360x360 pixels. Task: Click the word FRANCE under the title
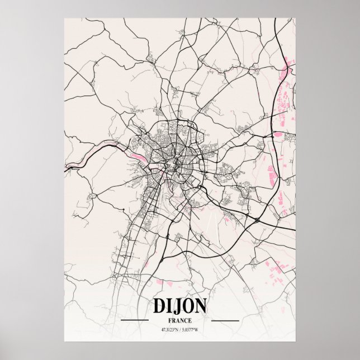179,320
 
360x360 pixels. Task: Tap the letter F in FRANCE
169,320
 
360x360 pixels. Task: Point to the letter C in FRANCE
186,320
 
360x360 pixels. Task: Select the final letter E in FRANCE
190,320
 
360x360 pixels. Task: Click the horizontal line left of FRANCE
135,321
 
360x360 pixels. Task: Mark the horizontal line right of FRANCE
225,321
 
